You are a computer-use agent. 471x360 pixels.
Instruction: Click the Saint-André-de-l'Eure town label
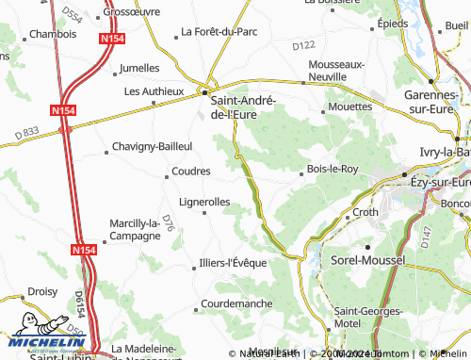pos(242,106)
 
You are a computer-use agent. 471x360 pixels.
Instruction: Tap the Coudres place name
pos(191,172)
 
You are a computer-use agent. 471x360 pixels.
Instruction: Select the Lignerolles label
pos(204,202)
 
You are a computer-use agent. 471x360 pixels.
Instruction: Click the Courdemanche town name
pos(236,304)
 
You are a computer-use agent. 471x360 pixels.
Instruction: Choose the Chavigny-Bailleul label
pos(152,146)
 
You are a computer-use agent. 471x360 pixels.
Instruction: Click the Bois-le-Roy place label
pos(333,169)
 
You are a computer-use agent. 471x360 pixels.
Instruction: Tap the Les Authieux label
pos(154,91)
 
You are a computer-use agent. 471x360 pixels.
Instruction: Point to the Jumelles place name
pos(140,68)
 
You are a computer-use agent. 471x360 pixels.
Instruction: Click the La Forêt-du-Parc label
pos(219,31)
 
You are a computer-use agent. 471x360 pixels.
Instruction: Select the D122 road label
pos(303,45)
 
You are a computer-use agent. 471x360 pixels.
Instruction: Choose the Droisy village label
pos(43,292)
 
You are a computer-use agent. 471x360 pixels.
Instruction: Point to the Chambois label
pos(53,33)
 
